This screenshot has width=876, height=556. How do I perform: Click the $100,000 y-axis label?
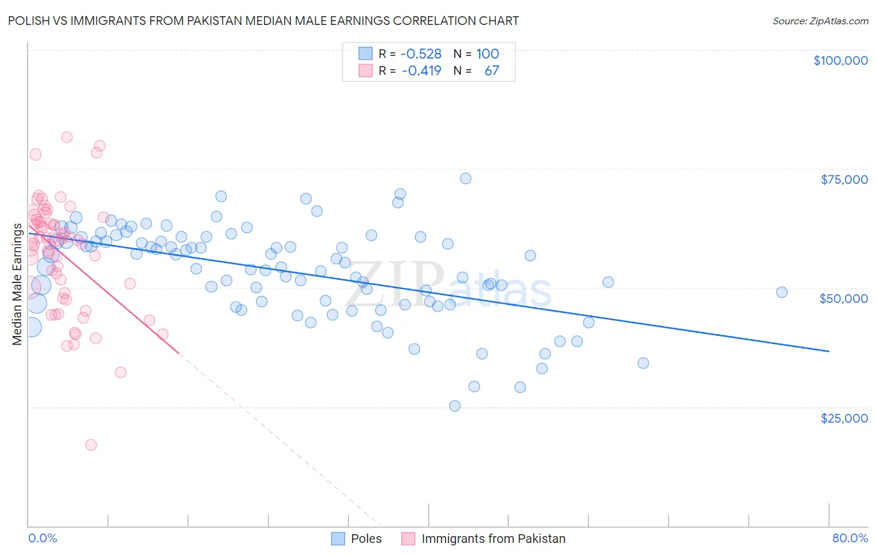(840, 60)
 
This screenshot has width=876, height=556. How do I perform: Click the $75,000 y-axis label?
(844, 180)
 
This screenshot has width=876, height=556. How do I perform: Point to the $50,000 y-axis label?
(844, 299)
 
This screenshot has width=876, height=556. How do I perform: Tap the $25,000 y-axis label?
(844, 418)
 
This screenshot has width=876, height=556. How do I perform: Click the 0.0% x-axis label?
(42, 538)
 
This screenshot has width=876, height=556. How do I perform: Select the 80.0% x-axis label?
(850, 538)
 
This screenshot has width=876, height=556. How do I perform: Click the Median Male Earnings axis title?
(17, 284)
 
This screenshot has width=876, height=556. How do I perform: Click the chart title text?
(263, 21)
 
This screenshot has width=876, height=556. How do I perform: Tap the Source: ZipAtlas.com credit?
(820, 21)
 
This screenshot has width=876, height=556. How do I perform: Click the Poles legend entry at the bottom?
(366, 539)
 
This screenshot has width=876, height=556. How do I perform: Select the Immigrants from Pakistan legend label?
(493, 539)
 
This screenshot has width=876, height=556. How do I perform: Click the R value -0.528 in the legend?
(421, 54)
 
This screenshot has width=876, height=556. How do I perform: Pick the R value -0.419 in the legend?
(421, 70)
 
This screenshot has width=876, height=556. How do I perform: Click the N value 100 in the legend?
(487, 54)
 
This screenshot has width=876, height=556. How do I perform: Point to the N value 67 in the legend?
(492, 70)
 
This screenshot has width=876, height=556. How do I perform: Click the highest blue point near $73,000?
(465, 178)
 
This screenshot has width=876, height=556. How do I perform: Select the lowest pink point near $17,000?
(91, 445)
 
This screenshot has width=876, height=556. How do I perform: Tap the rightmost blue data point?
(782, 292)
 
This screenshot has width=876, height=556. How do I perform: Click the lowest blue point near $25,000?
(455, 406)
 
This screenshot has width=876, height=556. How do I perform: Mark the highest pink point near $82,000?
(67, 137)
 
